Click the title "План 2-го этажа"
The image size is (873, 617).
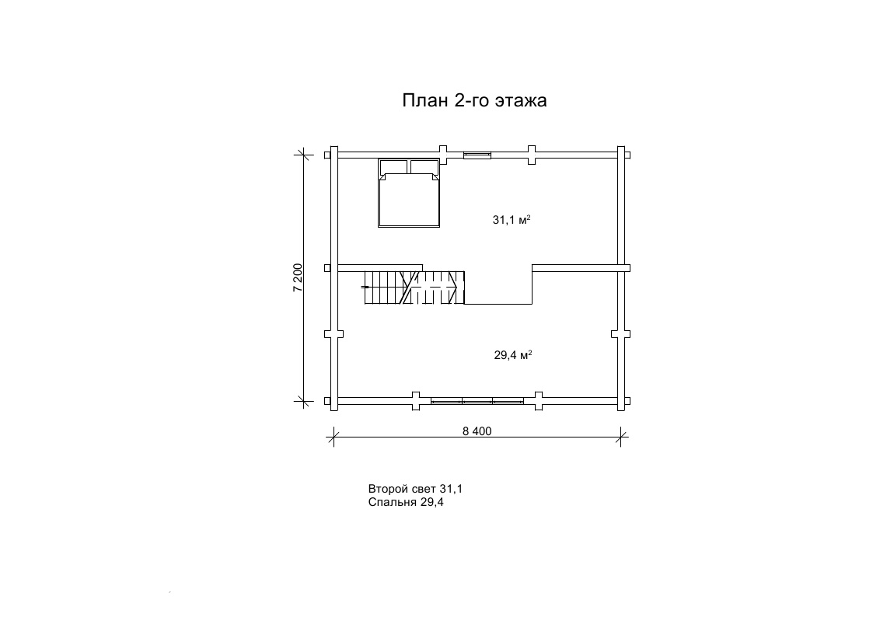coord(474,100)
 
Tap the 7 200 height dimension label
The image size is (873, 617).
coord(298,277)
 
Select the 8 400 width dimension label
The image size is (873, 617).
coord(477,431)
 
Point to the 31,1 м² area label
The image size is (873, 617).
coord(511,220)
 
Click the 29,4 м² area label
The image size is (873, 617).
coord(513,354)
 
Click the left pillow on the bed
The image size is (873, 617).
coord(393,167)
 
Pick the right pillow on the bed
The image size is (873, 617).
coord(424,167)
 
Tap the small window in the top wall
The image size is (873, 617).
coord(477,155)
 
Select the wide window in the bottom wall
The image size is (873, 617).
coord(477,400)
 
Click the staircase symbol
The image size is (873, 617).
coord(414,288)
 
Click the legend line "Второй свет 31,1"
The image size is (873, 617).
coord(415,489)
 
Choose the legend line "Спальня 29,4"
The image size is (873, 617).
coord(406,503)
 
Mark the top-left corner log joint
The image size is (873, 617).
coord(334,155)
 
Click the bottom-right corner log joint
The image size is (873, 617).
coord(621,401)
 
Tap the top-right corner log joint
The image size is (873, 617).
coord(621,155)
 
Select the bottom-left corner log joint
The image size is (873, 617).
coord(334,401)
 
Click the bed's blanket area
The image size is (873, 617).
coord(409,200)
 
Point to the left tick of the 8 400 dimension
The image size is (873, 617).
coord(333,437)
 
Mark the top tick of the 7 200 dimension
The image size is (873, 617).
coord(303,155)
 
